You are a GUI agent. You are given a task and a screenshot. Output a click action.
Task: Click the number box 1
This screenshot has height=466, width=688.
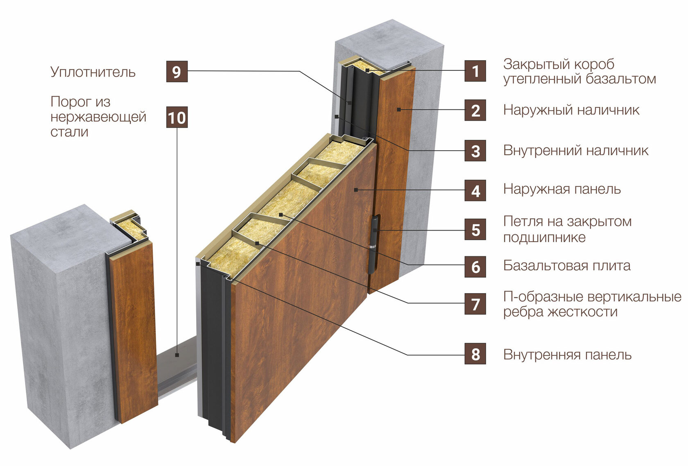tap(475, 71)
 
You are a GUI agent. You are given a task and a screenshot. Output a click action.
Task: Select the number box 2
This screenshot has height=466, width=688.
tap(475, 110)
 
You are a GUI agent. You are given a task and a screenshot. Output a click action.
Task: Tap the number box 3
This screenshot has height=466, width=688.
tap(475, 151)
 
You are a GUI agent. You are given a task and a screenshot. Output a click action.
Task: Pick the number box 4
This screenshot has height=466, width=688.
tap(475, 190)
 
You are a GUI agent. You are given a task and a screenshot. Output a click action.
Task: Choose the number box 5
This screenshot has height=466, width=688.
tap(475, 229)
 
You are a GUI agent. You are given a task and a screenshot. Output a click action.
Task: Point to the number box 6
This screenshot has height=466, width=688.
tap(475, 267)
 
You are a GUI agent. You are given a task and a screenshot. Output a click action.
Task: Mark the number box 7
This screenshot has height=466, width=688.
tap(475, 304)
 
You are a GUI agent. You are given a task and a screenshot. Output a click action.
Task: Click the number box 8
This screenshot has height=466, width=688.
tap(475, 353)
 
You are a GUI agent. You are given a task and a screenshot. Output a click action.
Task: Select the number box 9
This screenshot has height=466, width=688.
tap(177, 72)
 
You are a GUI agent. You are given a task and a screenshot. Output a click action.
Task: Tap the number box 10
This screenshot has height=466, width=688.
tap(177, 117)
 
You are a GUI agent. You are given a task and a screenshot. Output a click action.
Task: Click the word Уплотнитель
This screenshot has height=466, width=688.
tap(93, 72)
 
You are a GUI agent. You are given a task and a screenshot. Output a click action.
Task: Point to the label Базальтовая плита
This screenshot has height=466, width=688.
tap(567, 266)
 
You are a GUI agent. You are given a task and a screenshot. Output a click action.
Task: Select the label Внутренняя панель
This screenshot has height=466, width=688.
tap(567, 355)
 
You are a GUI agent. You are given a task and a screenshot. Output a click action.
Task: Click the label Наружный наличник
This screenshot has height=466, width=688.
tap(571, 110)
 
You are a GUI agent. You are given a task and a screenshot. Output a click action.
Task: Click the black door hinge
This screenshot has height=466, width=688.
tap(373, 244)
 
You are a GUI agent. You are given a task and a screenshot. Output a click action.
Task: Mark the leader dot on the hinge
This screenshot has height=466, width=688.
tap(375, 230)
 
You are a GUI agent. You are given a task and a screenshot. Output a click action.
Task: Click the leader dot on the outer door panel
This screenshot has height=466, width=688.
tap(356, 190)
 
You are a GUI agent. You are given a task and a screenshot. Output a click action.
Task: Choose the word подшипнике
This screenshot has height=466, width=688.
tap(544, 238)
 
